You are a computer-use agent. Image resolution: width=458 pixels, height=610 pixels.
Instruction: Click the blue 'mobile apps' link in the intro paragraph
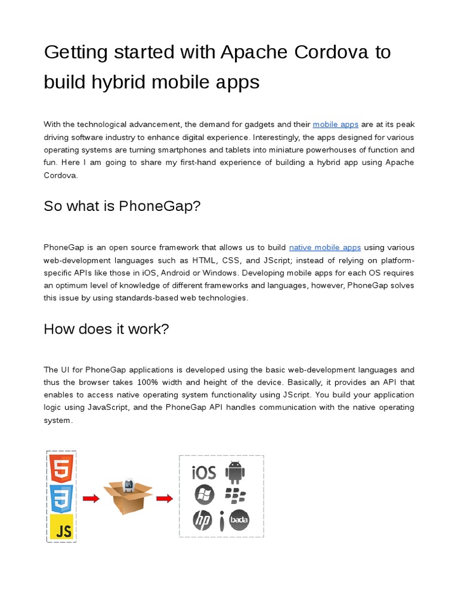(335, 125)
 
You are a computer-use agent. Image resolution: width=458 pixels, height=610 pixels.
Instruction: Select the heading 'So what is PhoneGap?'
(122, 206)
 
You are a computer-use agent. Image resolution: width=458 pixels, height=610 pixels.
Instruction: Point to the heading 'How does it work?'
(106, 329)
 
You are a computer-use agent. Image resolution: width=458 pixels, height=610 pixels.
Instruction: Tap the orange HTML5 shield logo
(61, 468)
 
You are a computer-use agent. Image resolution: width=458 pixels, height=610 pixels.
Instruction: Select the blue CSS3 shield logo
(61, 499)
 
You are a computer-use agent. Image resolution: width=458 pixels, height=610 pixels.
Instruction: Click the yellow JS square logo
(61, 528)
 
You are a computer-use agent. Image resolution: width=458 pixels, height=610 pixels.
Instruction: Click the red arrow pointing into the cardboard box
(91, 499)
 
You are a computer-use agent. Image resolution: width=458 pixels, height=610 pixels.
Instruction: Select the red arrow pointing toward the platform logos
(164, 499)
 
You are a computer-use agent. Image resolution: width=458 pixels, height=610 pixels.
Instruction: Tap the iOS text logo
(203, 473)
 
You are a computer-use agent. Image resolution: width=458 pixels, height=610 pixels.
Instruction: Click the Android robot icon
(235, 473)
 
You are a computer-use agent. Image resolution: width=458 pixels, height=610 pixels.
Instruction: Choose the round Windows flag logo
(204, 494)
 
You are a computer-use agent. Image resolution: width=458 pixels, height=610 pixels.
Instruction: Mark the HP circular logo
(203, 520)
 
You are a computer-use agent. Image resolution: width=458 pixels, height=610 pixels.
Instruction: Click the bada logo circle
(239, 520)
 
